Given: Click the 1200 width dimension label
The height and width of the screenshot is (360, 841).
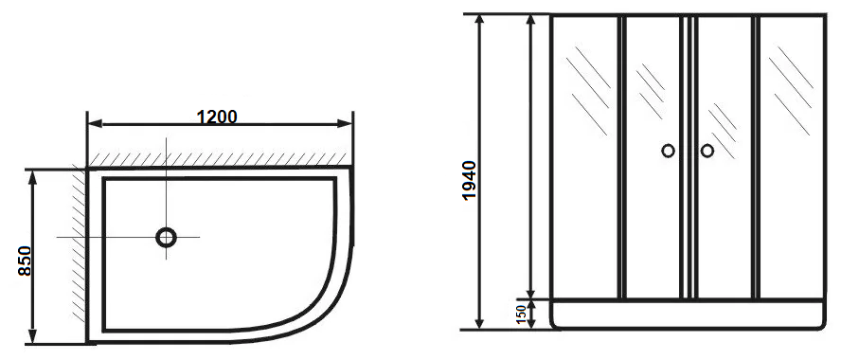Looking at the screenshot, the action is (217, 117).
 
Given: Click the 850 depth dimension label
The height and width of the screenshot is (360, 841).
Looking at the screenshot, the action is (25, 261).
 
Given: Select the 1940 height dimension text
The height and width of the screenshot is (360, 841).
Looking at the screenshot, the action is (469, 180).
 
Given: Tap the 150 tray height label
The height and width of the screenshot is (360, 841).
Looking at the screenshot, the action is (520, 314).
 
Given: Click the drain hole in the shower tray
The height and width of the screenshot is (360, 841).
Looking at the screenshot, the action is (167, 237).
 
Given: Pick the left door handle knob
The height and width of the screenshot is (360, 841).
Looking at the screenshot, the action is (668, 151).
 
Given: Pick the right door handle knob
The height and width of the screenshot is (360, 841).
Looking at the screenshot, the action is (707, 151).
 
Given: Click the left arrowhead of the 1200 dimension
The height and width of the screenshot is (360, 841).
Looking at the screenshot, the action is (95, 124).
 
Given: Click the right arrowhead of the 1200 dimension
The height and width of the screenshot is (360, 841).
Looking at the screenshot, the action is (345, 124).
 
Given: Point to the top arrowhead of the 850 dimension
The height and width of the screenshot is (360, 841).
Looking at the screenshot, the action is (33, 178).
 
